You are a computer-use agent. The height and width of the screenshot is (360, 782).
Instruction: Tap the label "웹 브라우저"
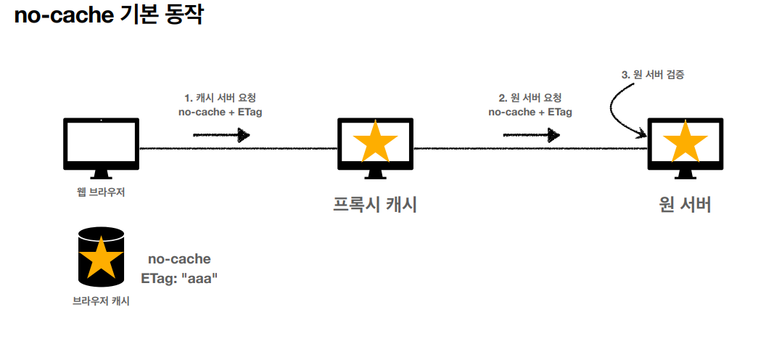[101, 192]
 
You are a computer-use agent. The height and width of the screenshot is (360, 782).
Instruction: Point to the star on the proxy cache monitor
[374, 142]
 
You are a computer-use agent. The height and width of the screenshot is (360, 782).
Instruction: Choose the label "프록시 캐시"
[374, 205]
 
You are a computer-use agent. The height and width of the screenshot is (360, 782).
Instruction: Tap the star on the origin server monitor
[684, 142]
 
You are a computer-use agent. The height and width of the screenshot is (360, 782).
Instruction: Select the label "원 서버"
[684, 205]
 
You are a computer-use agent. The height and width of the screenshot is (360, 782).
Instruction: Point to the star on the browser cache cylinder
[100, 258]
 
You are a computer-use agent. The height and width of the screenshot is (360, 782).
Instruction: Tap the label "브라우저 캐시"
[101, 300]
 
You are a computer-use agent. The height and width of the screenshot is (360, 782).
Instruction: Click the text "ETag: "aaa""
[179, 277]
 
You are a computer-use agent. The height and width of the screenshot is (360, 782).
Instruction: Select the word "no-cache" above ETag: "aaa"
[179, 259]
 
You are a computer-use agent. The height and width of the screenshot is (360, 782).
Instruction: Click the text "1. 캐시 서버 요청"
[221, 98]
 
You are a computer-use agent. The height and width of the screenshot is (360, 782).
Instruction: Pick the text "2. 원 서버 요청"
[530, 98]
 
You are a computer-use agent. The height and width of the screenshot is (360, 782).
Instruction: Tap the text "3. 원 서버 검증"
[653, 74]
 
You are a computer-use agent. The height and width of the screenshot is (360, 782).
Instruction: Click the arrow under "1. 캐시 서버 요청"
[221, 135]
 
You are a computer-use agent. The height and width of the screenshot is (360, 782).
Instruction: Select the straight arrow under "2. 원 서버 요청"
[531, 135]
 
